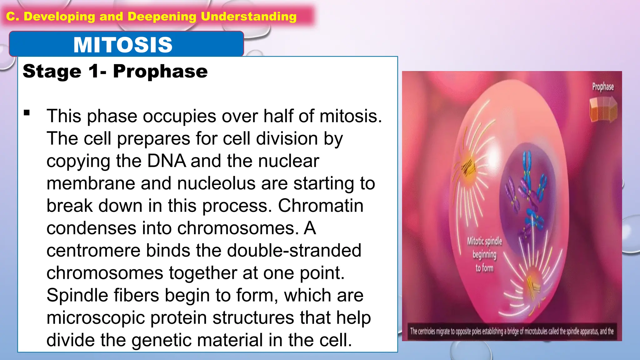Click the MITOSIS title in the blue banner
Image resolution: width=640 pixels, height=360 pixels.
point(123,45)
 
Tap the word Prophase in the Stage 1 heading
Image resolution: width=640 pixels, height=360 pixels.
point(160,71)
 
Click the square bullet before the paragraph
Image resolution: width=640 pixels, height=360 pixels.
point(27,113)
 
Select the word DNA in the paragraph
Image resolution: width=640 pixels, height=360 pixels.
point(166,161)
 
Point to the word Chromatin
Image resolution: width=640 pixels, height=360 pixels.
point(321,206)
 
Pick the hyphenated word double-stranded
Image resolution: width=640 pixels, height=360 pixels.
point(294,251)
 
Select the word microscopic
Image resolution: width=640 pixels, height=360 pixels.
point(95,318)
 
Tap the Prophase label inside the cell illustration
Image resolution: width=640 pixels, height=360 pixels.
point(603,87)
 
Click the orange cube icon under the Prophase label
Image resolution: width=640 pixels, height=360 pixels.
point(603,109)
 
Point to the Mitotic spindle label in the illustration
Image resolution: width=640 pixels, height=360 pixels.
point(484,241)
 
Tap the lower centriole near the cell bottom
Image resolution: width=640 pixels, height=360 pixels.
point(533,283)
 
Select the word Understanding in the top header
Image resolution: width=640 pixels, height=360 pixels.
point(248,16)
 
